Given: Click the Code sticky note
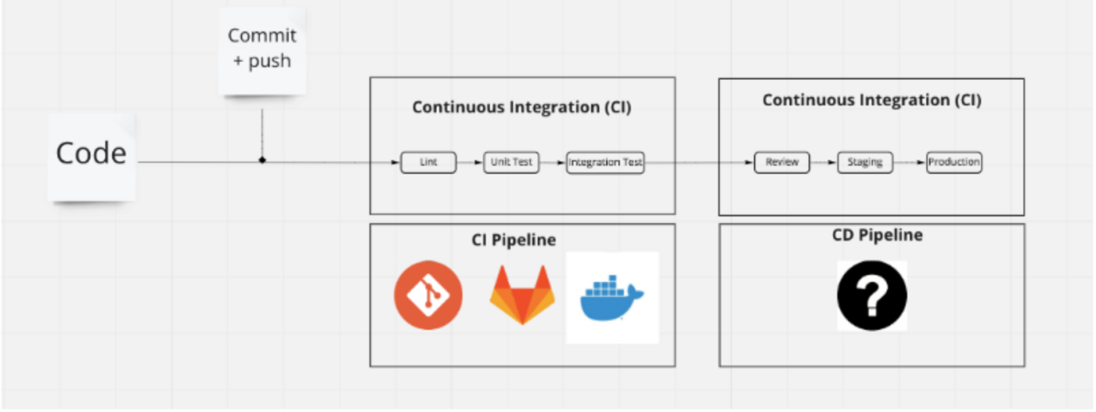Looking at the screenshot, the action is [x=92, y=157].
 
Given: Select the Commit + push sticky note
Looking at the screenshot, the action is [x=262, y=51].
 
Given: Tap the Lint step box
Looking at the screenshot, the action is [x=428, y=162].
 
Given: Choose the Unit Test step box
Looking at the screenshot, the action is [x=511, y=162].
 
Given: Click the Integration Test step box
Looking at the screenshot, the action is [x=605, y=162].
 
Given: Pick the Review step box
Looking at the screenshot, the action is [x=782, y=162].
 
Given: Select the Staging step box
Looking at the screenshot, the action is [x=865, y=162].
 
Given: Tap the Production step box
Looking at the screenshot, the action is [x=954, y=162].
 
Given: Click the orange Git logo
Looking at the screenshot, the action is [x=428, y=295].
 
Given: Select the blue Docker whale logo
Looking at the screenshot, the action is [x=612, y=298].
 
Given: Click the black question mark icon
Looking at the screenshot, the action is [x=872, y=295].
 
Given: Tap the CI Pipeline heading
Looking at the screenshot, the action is [x=514, y=240].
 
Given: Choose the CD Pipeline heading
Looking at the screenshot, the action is [x=878, y=235].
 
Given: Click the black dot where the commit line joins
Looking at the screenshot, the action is [x=262, y=160].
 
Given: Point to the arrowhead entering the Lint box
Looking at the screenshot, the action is [x=396, y=162].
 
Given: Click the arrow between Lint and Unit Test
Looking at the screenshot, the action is [x=470, y=162].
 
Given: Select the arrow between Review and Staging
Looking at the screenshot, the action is [x=824, y=162].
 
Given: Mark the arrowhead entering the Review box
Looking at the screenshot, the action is [x=750, y=162].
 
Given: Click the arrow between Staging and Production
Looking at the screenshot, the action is [x=910, y=162].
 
